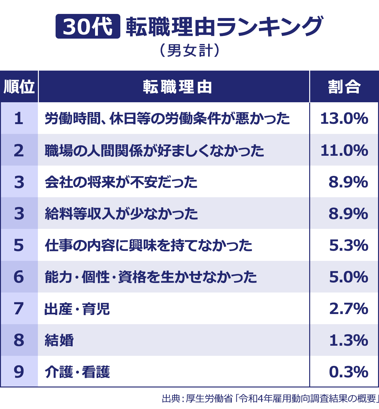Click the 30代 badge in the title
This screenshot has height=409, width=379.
click(x=88, y=27)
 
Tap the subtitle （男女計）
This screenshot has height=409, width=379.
click(x=189, y=51)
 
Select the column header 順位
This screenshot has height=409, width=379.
click(x=19, y=87)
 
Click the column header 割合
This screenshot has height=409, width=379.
click(x=344, y=87)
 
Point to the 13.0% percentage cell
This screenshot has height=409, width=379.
click(x=344, y=119)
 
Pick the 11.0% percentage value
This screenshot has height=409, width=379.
click(x=344, y=150)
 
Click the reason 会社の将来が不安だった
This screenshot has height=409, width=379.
click(x=121, y=182)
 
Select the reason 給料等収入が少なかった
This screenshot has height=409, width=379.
click(x=121, y=214)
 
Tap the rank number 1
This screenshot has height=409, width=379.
click(x=19, y=119)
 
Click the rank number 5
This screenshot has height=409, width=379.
click(x=19, y=245)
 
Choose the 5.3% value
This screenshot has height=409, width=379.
click(x=349, y=245)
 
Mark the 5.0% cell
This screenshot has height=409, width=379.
click(x=349, y=277)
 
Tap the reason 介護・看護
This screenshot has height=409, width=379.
click(x=77, y=372)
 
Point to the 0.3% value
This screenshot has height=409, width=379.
click(x=349, y=372)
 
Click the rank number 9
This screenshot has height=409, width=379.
click(x=19, y=372)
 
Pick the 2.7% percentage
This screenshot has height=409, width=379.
click(x=349, y=309)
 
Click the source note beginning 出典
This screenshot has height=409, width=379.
click(x=270, y=398)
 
